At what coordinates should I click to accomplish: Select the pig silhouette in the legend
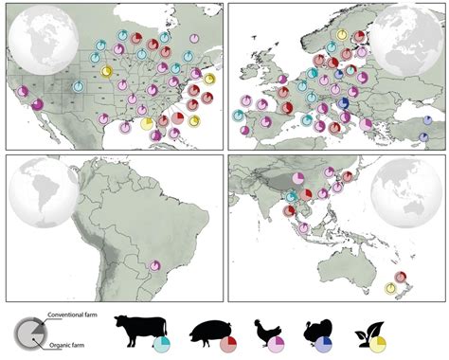207,333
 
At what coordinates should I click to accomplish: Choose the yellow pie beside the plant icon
381,341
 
